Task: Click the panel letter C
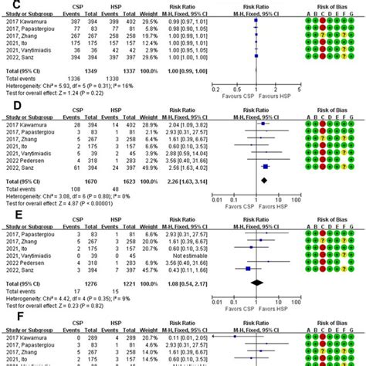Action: (7, 6)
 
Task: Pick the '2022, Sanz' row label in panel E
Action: (23, 269)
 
